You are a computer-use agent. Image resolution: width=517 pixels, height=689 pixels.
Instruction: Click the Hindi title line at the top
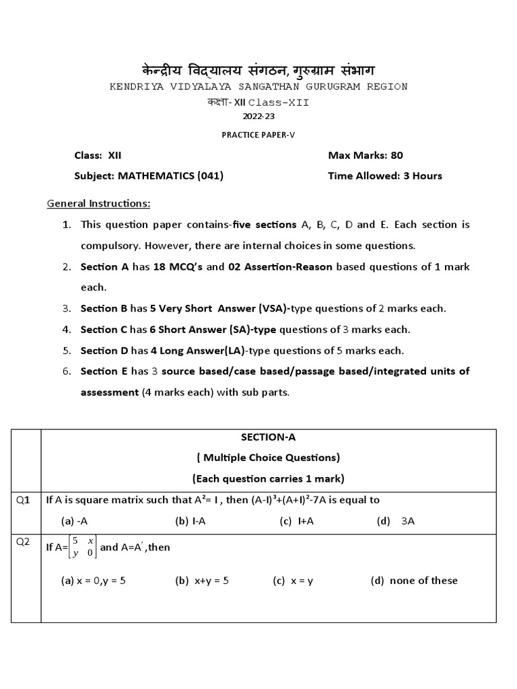click(x=258, y=69)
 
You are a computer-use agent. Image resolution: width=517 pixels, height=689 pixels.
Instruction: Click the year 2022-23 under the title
click(x=258, y=116)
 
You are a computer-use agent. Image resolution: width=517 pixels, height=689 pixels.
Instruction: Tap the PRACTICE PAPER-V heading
click(x=258, y=135)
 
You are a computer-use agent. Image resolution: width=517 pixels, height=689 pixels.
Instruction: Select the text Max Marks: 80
click(x=366, y=155)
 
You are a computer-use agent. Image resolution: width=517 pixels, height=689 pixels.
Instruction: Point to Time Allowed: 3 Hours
click(x=385, y=176)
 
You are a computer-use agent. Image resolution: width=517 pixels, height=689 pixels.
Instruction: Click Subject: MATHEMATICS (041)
click(x=149, y=176)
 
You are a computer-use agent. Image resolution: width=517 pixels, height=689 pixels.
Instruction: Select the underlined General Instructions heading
click(x=98, y=203)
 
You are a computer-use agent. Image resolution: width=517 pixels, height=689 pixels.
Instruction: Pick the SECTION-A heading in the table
click(x=269, y=437)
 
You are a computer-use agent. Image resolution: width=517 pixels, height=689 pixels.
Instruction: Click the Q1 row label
click(x=24, y=499)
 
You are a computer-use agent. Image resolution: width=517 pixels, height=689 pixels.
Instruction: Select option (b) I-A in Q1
click(x=191, y=520)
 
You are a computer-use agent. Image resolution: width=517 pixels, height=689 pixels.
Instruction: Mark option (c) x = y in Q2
click(x=293, y=581)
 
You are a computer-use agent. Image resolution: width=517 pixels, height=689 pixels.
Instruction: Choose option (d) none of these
click(x=414, y=581)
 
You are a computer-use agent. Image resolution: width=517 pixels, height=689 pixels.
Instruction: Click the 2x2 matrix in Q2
click(x=84, y=547)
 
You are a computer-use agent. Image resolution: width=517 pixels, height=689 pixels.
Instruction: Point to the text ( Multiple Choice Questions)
click(x=269, y=458)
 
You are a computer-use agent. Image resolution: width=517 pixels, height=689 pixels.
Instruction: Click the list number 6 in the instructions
click(x=67, y=371)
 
